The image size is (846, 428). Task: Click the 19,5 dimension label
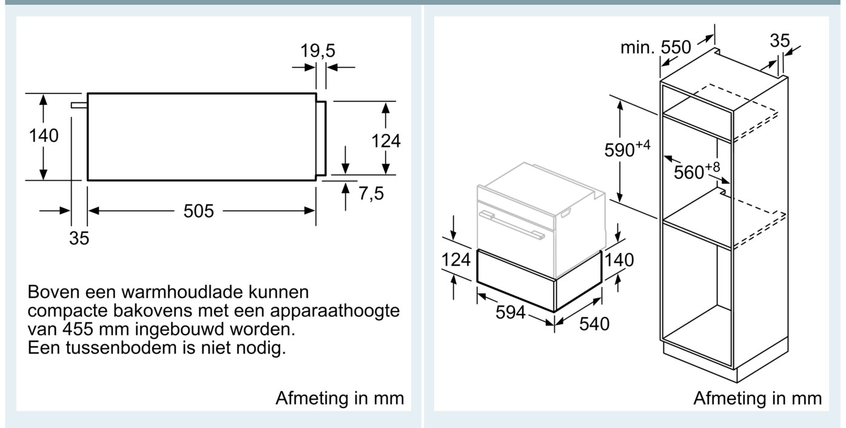[x=318, y=50]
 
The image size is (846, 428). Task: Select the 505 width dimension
[x=199, y=210]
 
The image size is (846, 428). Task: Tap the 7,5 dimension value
[x=371, y=193]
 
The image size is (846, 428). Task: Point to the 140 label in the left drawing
[x=44, y=136]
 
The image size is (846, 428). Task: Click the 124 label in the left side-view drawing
[x=386, y=141]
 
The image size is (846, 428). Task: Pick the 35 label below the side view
[x=79, y=238]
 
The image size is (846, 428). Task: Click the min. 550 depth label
[x=656, y=47]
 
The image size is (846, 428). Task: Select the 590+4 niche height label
[x=627, y=149]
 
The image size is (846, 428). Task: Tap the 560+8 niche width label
[x=697, y=171]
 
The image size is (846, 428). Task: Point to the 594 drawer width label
[x=510, y=312]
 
